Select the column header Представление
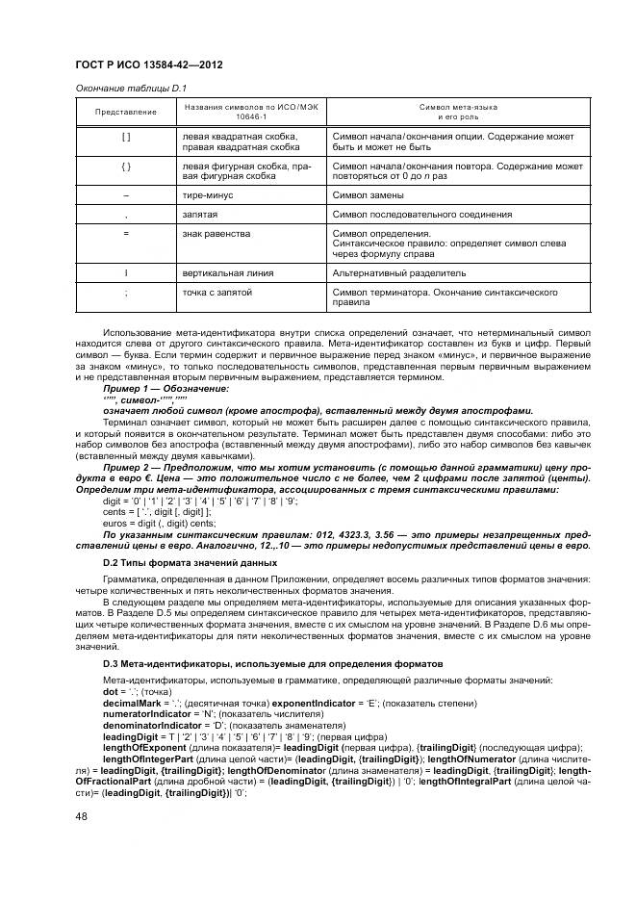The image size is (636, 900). (125, 112)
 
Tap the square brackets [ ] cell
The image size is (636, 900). (125, 138)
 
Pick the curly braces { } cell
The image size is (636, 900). (125, 167)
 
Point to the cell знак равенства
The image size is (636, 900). (216, 233)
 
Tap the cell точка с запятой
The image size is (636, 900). (216, 291)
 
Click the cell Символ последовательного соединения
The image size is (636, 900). (421, 214)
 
